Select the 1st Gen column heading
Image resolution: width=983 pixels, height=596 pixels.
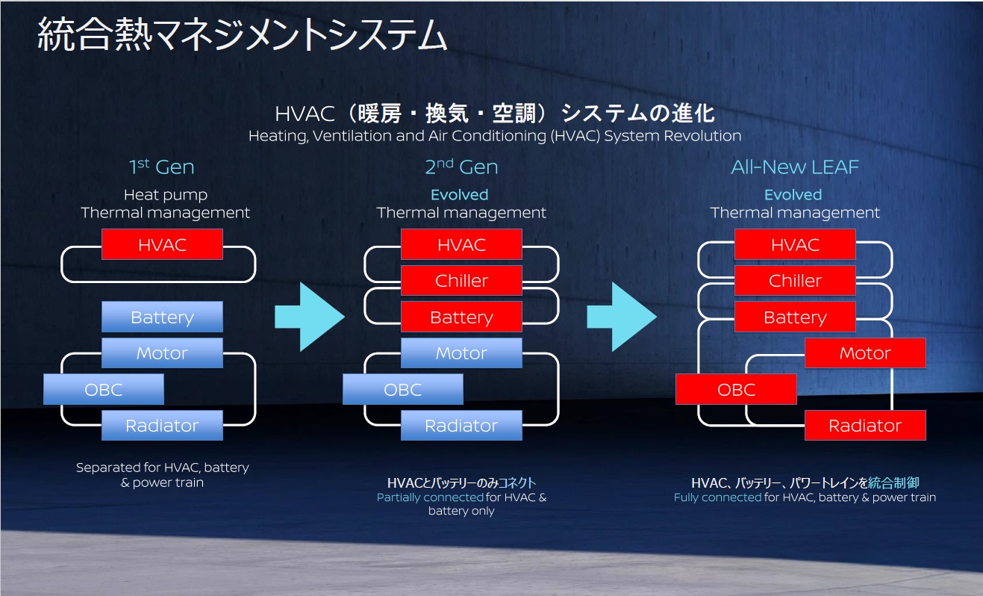click(162, 167)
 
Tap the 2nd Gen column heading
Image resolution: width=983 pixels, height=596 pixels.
click(461, 167)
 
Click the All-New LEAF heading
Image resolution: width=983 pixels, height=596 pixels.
click(795, 167)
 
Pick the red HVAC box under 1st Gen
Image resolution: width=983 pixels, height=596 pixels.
click(162, 244)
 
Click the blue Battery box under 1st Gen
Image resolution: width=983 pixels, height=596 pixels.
click(162, 317)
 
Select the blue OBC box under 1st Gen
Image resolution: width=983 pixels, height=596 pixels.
click(104, 389)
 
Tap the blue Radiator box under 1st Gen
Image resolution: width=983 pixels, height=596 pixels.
click(162, 426)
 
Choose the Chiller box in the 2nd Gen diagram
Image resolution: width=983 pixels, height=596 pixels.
click(461, 281)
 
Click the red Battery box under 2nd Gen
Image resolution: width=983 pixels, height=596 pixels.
click(461, 317)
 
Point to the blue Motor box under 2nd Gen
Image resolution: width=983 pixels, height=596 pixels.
click(461, 353)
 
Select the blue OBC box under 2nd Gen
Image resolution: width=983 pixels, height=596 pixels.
click(403, 389)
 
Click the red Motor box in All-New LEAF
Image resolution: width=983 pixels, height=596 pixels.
click(865, 353)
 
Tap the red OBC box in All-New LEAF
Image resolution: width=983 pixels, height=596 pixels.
click(736, 389)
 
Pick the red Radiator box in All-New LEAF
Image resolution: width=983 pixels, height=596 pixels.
click(865, 426)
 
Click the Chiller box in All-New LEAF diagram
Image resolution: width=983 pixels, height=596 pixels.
click(795, 281)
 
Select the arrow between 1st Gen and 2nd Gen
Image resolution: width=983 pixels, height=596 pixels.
click(308, 317)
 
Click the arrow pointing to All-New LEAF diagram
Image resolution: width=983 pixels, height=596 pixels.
click(620, 317)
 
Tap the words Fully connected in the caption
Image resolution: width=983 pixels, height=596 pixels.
click(717, 497)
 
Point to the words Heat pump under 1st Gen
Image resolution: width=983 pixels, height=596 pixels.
click(166, 195)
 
